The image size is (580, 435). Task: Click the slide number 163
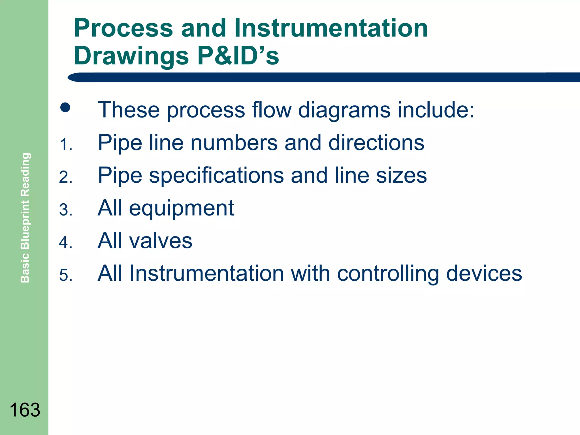point(25,410)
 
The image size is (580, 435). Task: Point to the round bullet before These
point(65,107)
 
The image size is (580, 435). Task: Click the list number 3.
point(66,210)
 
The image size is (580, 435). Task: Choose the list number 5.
point(66,275)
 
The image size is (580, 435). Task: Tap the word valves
point(161,241)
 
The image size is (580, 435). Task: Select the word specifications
point(216,176)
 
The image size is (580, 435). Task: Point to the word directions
point(376,143)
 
